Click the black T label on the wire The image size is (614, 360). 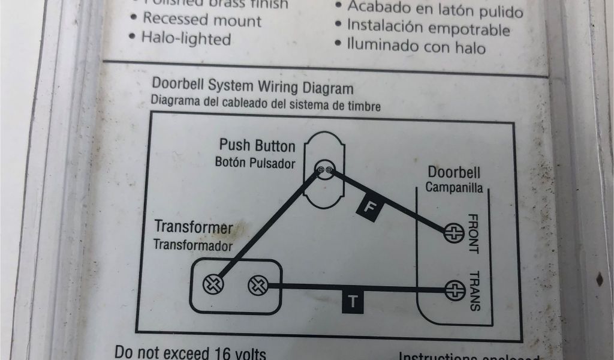point(353,302)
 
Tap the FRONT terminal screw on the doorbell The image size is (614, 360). point(454,232)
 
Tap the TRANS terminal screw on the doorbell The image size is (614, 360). point(456,290)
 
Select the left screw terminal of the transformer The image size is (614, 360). point(213,284)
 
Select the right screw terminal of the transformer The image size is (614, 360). point(257,284)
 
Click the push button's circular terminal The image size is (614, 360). point(324,170)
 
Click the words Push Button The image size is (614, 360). point(257,146)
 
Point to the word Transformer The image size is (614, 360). point(193,227)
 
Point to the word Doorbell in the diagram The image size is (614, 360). point(454,173)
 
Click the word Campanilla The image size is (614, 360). point(454,187)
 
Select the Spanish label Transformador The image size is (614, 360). point(192,244)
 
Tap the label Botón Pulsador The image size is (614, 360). point(255,163)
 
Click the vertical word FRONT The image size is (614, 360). point(472,233)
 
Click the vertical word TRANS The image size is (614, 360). point(474,290)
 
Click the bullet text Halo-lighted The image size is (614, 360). point(186,39)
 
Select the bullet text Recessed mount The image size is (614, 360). point(201,20)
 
